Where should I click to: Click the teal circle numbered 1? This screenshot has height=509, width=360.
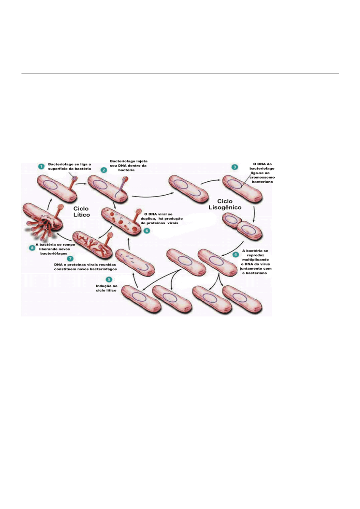(x=41, y=166)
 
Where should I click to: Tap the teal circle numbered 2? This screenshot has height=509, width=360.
(x=104, y=170)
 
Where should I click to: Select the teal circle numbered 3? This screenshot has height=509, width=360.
(x=234, y=167)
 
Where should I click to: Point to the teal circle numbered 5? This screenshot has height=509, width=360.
(x=109, y=280)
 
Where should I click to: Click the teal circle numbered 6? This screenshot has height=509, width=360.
(x=147, y=231)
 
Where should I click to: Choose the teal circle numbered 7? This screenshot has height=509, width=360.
(x=70, y=258)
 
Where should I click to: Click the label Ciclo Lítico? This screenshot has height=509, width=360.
(x=81, y=212)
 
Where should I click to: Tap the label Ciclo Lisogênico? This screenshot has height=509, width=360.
(x=225, y=204)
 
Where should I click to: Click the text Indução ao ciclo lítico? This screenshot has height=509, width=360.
(x=106, y=288)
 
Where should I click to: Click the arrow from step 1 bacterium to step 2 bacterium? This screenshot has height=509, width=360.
(x=81, y=183)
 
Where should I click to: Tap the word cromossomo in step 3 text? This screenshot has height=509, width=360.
(x=262, y=177)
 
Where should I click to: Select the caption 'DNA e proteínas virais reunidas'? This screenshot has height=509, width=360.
(x=85, y=265)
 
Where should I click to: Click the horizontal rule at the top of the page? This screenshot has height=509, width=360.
(x=180, y=73)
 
